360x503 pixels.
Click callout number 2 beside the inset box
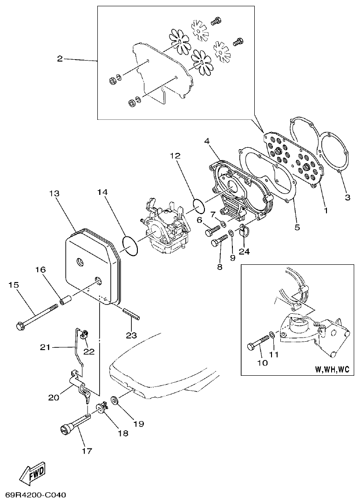60,59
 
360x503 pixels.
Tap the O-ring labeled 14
130,245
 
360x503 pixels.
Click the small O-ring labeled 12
197,204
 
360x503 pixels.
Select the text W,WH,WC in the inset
332,369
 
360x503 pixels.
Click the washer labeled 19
114,400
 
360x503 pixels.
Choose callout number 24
245,251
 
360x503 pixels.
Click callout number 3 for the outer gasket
347,197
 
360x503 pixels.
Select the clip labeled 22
85,334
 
